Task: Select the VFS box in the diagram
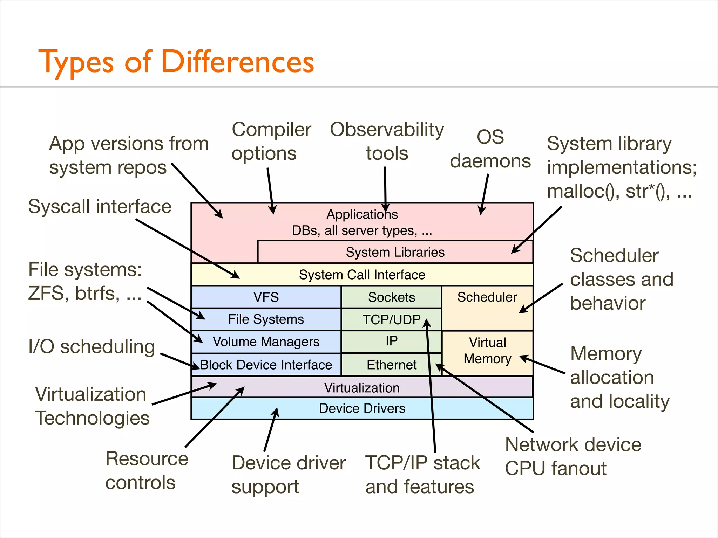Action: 266,297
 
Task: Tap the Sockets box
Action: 391,297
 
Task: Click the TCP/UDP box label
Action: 391,319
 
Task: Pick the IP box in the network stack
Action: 391,341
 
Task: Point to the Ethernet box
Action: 391,365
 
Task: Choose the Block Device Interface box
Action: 266,365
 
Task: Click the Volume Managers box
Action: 266,342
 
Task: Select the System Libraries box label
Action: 395,252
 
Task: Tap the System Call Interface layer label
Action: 362,275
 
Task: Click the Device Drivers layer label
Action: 362,408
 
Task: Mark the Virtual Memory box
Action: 487,350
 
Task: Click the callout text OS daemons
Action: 490,149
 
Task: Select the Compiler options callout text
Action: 271,141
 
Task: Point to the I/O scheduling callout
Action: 92,347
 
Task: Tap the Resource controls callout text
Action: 147,470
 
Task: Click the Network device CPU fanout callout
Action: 573,456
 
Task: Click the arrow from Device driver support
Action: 271,431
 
